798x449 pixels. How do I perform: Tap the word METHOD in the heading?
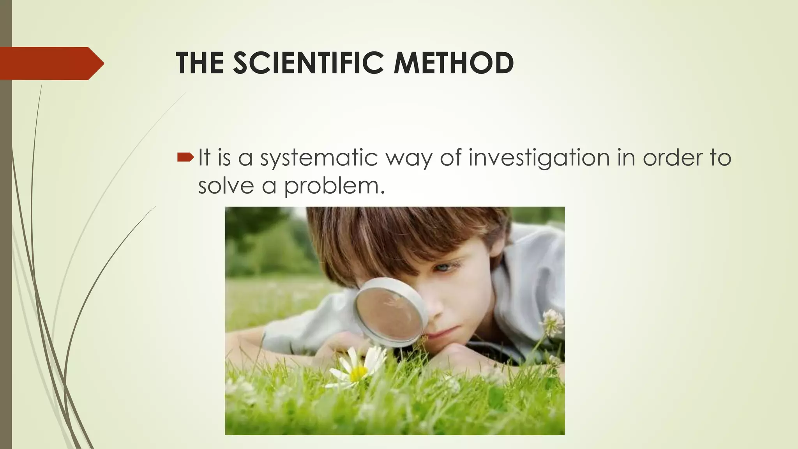pos(454,63)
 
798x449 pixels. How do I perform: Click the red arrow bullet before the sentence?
pos(185,157)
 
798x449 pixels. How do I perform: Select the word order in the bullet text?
pos(667,157)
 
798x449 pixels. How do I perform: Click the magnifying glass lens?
pos(390,312)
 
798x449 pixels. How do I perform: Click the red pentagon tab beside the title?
pos(51,63)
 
